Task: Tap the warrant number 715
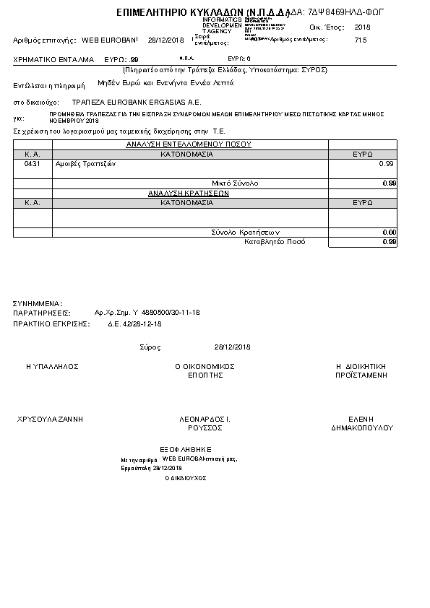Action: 361,40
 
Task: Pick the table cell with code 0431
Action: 33,164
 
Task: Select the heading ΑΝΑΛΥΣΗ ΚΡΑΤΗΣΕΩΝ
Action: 189,194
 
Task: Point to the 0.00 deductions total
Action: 389,232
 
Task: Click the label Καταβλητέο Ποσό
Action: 275,242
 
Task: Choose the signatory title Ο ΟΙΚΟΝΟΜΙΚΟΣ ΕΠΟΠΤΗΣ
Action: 205,371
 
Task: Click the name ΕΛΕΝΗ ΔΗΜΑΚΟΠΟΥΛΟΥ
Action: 361,423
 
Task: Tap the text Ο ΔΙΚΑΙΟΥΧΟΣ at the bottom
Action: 186,478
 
